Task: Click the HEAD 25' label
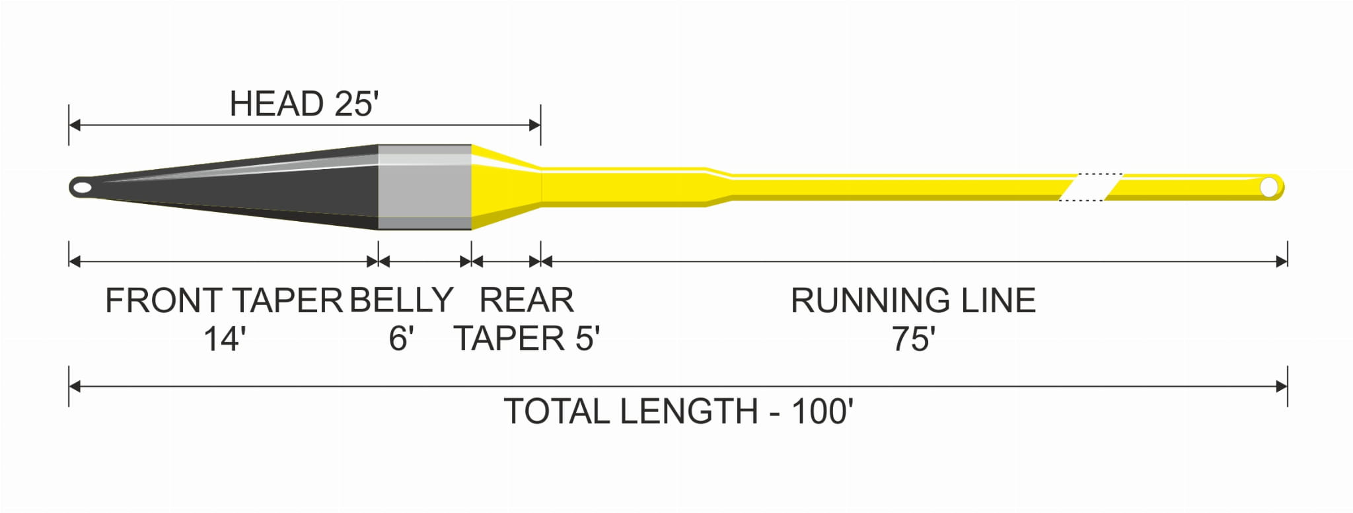pyautogui.click(x=304, y=104)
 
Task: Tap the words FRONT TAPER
pyautogui.click(x=224, y=300)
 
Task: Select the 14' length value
pyautogui.click(x=225, y=339)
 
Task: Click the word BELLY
pyautogui.click(x=401, y=300)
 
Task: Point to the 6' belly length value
pyautogui.click(x=401, y=339)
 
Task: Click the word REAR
pyautogui.click(x=527, y=300)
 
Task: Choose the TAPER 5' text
pyautogui.click(x=527, y=339)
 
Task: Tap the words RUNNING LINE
pyautogui.click(x=913, y=300)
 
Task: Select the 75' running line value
pyautogui.click(x=914, y=339)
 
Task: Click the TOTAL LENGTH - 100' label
pyautogui.click(x=678, y=411)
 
